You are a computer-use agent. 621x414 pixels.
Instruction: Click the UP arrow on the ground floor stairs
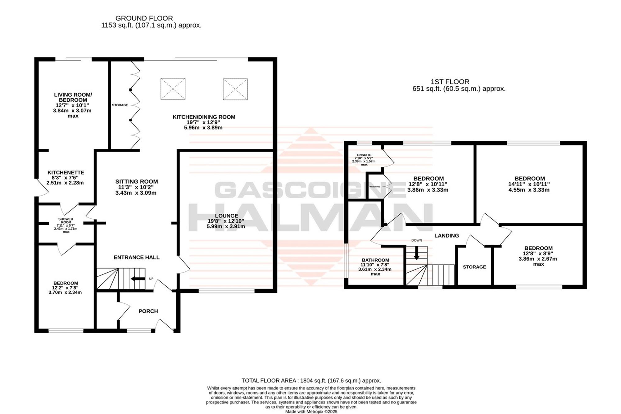(x=138, y=279)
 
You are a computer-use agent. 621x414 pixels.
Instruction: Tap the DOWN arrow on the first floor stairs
(x=417, y=253)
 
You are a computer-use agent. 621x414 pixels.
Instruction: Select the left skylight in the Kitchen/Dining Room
(x=173, y=89)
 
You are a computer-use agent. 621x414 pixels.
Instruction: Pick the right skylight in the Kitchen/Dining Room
(x=235, y=89)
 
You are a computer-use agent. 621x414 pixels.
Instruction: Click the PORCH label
(x=148, y=311)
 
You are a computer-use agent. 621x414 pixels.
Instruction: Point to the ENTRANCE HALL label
(x=137, y=257)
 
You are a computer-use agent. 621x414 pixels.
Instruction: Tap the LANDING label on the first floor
(x=446, y=236)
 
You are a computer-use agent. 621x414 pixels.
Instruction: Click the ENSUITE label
(x=364, y=155)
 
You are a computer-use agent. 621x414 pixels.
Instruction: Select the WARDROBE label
(x=375, y=187)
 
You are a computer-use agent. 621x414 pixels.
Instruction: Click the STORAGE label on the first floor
(x=474, y=267)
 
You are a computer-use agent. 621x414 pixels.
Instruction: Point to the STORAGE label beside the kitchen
(x=120, y=105)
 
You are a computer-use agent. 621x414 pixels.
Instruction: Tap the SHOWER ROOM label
(x=66, y=221)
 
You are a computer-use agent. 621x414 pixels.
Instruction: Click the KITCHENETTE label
(x=66, y=172)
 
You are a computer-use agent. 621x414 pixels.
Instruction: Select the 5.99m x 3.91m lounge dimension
(x=226, y=226)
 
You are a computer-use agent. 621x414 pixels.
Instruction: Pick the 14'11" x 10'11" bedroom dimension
(x=530, y=184)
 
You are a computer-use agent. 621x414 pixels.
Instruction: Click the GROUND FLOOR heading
(x=144, y=18)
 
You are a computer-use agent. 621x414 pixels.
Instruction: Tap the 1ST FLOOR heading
(x=450, y=82)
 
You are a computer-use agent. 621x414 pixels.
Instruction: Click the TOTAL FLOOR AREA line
(x=311, y=380)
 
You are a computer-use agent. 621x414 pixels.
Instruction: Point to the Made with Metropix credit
(x=311, y=412)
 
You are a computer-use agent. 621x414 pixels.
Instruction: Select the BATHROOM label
(x=375, y=260)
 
